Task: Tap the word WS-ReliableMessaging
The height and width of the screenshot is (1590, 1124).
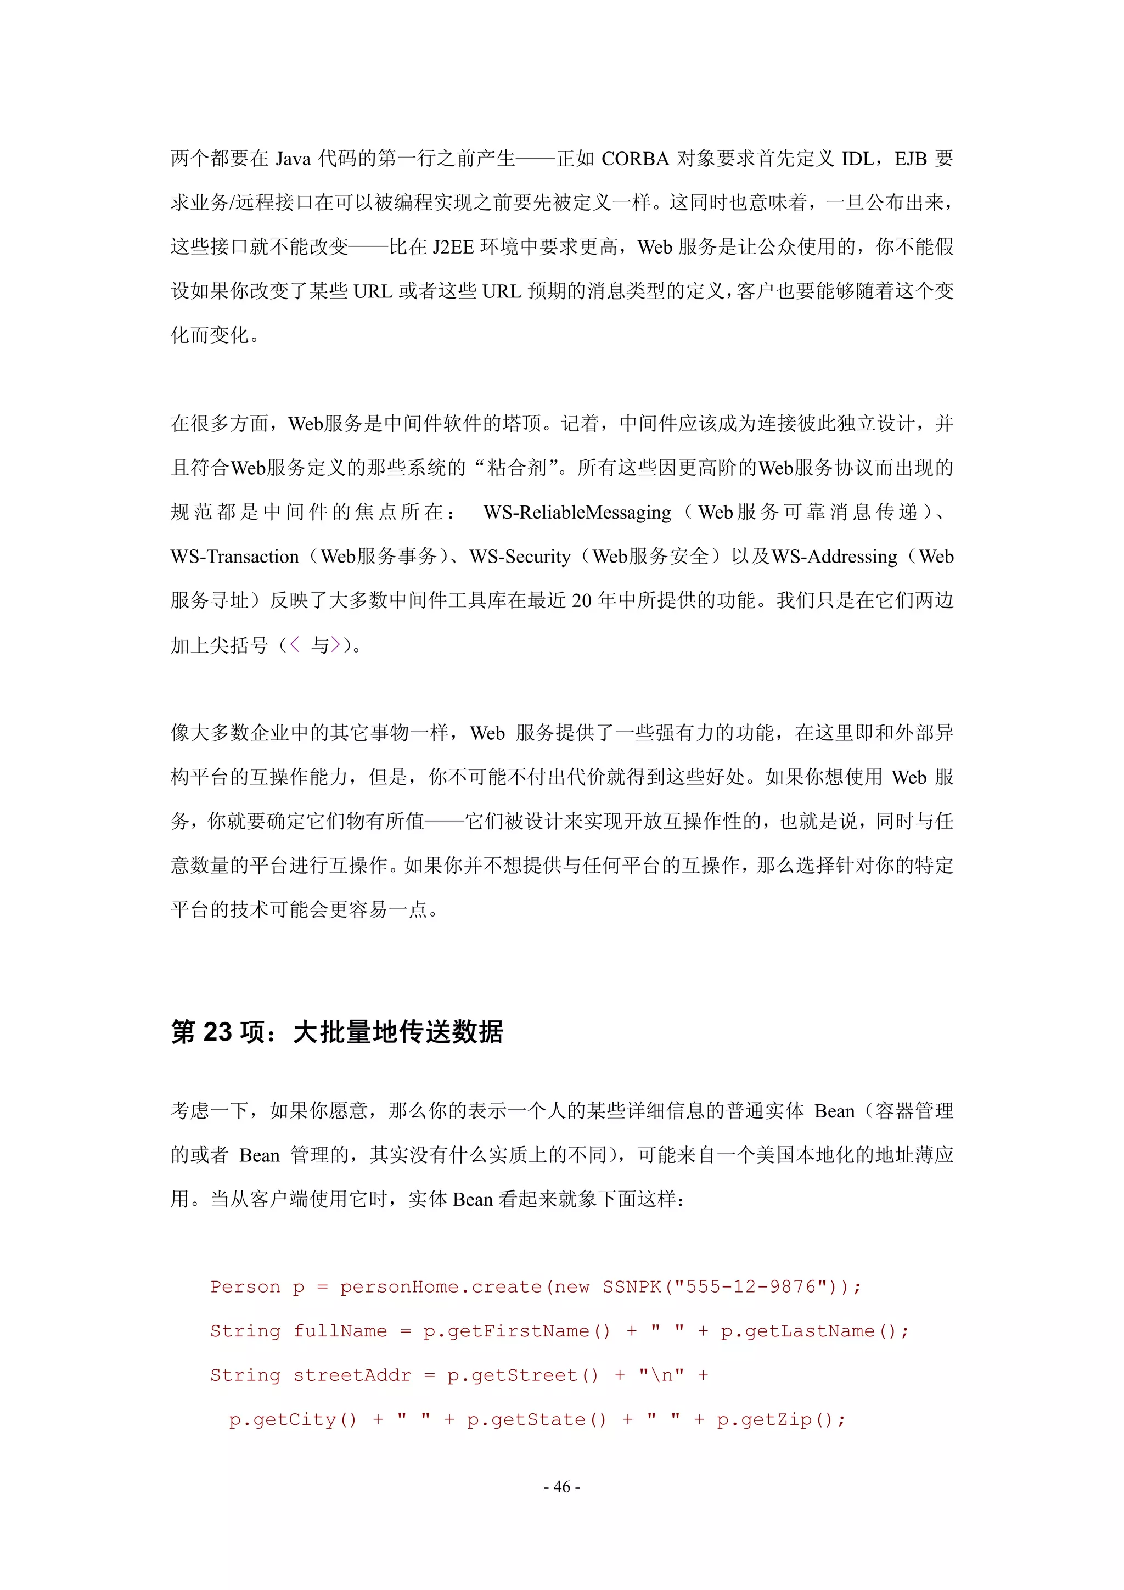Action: [577, 513]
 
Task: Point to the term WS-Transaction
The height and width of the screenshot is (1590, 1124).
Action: [234, 557]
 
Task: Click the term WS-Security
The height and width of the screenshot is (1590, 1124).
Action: [520, 557]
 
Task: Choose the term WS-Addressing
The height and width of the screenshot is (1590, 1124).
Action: [835, 557]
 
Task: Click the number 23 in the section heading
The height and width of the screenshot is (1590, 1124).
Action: [217, 1032]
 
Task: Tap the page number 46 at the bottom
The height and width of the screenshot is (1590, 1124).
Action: [561, 1486]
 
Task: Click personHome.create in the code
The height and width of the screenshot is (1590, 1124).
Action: [441, 1286]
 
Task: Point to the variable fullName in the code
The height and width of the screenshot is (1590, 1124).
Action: [340, 1331]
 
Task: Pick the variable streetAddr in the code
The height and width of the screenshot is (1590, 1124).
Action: [352, 1375]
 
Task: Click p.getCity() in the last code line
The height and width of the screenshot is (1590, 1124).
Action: [293, 1420]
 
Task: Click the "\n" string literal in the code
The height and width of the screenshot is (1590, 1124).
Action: [661, 1375]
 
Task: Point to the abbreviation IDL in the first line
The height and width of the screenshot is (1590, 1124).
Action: [857, 159]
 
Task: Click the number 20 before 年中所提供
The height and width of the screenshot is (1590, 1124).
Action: [581, 601]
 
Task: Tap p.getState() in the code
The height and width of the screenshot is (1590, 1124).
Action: [537, 1420]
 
